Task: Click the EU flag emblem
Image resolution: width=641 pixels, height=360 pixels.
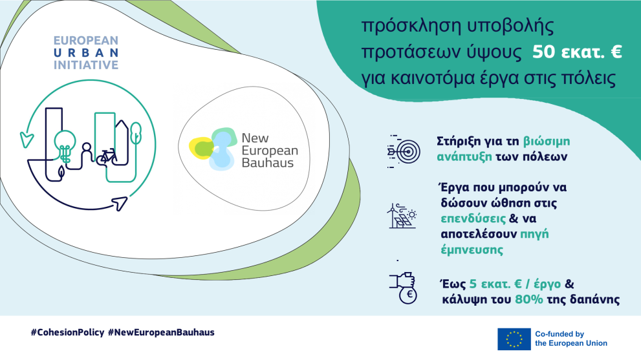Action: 514,339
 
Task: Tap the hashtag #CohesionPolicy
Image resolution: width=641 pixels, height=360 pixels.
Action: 67,332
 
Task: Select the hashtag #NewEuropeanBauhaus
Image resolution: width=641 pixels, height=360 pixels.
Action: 161,332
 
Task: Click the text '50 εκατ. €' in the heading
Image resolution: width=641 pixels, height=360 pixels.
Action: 577,52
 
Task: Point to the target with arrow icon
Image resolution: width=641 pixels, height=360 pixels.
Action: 403,151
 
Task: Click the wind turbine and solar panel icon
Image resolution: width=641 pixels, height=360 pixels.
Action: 402,216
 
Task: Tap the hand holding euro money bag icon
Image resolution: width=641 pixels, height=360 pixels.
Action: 403,288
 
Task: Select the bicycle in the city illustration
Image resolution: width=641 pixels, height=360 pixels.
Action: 107,157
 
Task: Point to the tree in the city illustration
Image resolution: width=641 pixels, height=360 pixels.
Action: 136,132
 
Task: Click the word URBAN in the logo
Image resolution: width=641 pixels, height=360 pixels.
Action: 86,53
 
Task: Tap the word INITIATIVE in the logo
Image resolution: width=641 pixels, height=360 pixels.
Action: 86,65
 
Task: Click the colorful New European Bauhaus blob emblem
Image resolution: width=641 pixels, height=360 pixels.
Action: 213,149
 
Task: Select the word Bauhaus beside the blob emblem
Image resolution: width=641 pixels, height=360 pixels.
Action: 268,163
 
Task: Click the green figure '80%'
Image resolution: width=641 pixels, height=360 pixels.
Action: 529,299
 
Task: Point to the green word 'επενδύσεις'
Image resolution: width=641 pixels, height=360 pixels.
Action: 473,218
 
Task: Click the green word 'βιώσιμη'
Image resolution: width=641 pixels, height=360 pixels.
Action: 547,142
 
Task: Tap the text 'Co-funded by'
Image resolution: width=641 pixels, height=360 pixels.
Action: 560,334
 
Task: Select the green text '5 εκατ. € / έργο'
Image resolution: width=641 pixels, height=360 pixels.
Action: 515,284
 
